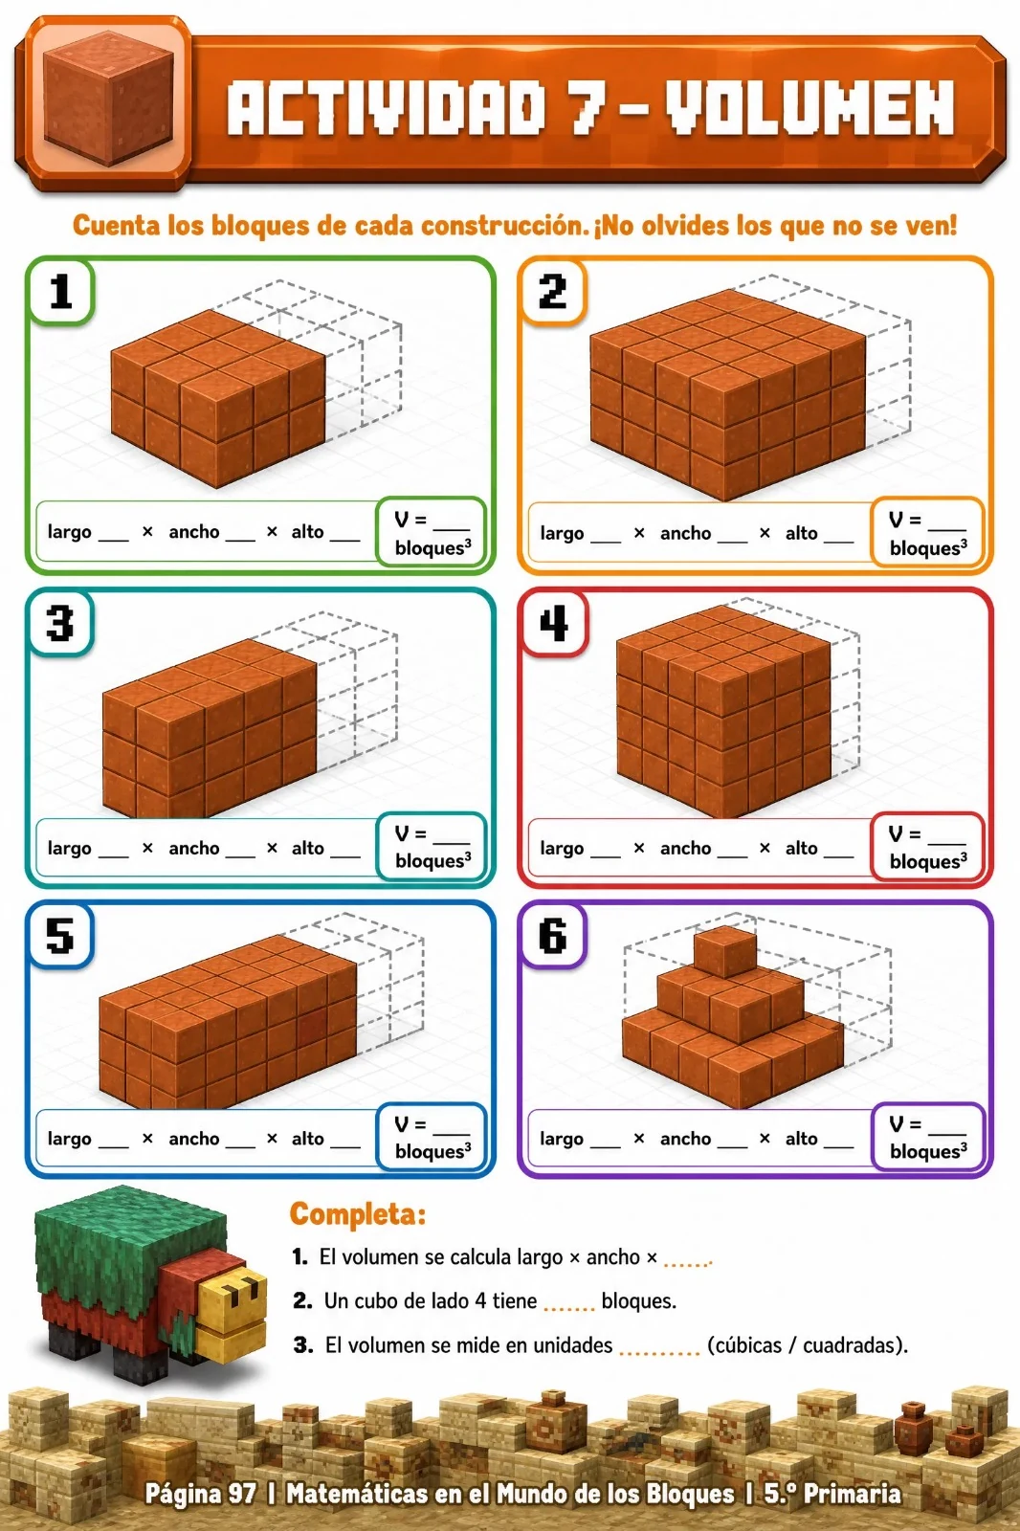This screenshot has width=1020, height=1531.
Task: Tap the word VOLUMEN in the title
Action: pos(809,107)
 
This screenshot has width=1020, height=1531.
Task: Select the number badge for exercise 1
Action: pos(60,291)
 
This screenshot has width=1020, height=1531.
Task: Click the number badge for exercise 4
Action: pos(553,623)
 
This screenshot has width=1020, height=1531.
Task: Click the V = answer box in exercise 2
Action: pos(928,532)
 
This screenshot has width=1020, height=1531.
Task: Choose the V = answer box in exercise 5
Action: pos(432,1137)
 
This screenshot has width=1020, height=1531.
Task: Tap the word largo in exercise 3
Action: pos(69,848)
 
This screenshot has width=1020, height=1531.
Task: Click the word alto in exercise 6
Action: pos(801,1138)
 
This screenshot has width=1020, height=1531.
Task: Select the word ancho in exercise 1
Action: pos(194,532)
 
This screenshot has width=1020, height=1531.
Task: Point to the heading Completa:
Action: pos(358,1214)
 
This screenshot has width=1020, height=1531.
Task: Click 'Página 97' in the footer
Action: pos(201,1494)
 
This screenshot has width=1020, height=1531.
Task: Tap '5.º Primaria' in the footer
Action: pos(832,1493)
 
